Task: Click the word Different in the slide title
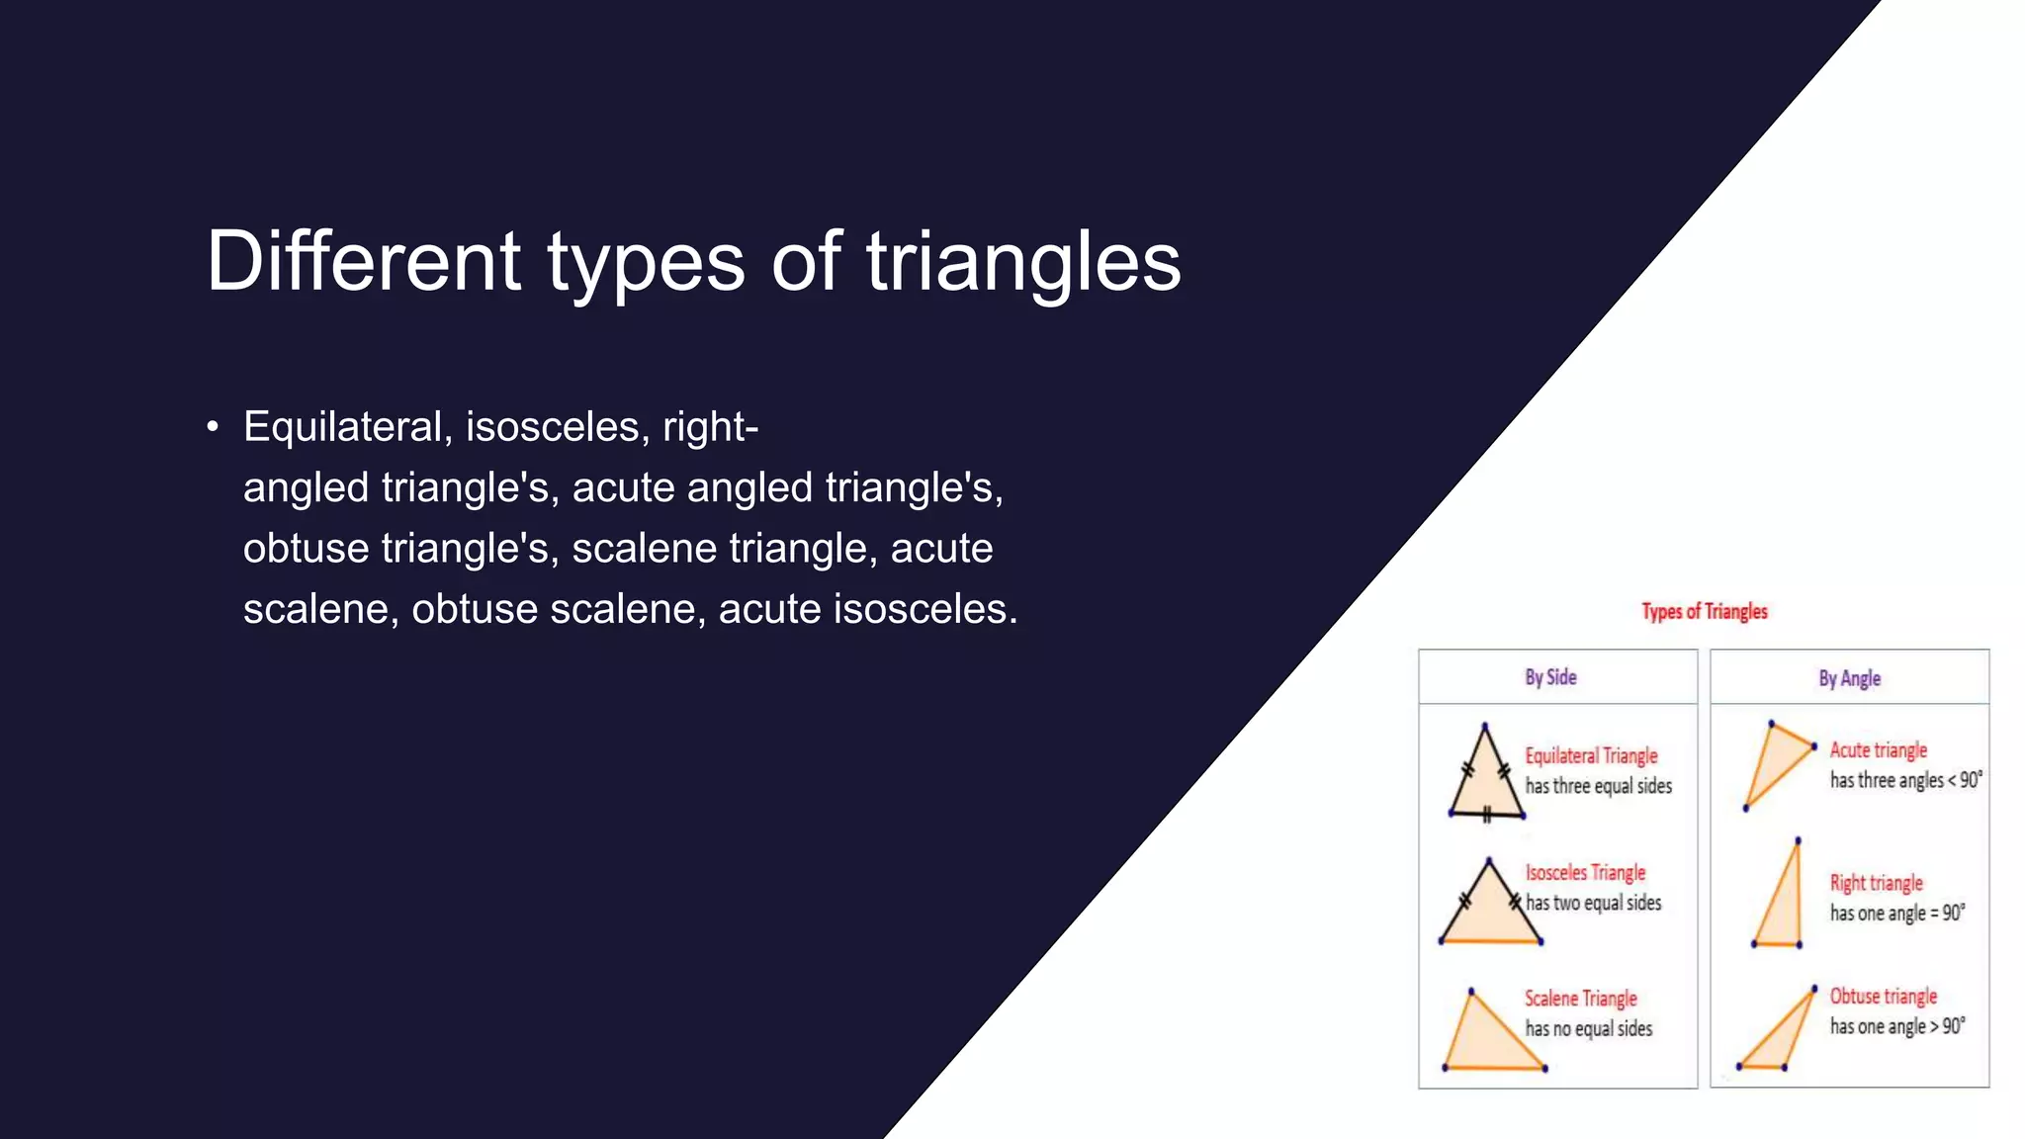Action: point(363,261)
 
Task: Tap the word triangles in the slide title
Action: point(1023,263)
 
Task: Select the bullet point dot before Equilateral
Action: point(213,428)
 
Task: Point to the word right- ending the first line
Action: point(710,427)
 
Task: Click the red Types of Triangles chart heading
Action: point(1704,612)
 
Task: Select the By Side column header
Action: point(1549,677)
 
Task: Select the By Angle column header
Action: point(1849,678)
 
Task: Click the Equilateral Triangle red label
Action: point(1591,756)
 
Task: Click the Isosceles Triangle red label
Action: point(1585,873)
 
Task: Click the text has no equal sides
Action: point(1588,1029)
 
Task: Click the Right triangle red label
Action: point(1876,883)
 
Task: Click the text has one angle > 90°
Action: point(1896,1026)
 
